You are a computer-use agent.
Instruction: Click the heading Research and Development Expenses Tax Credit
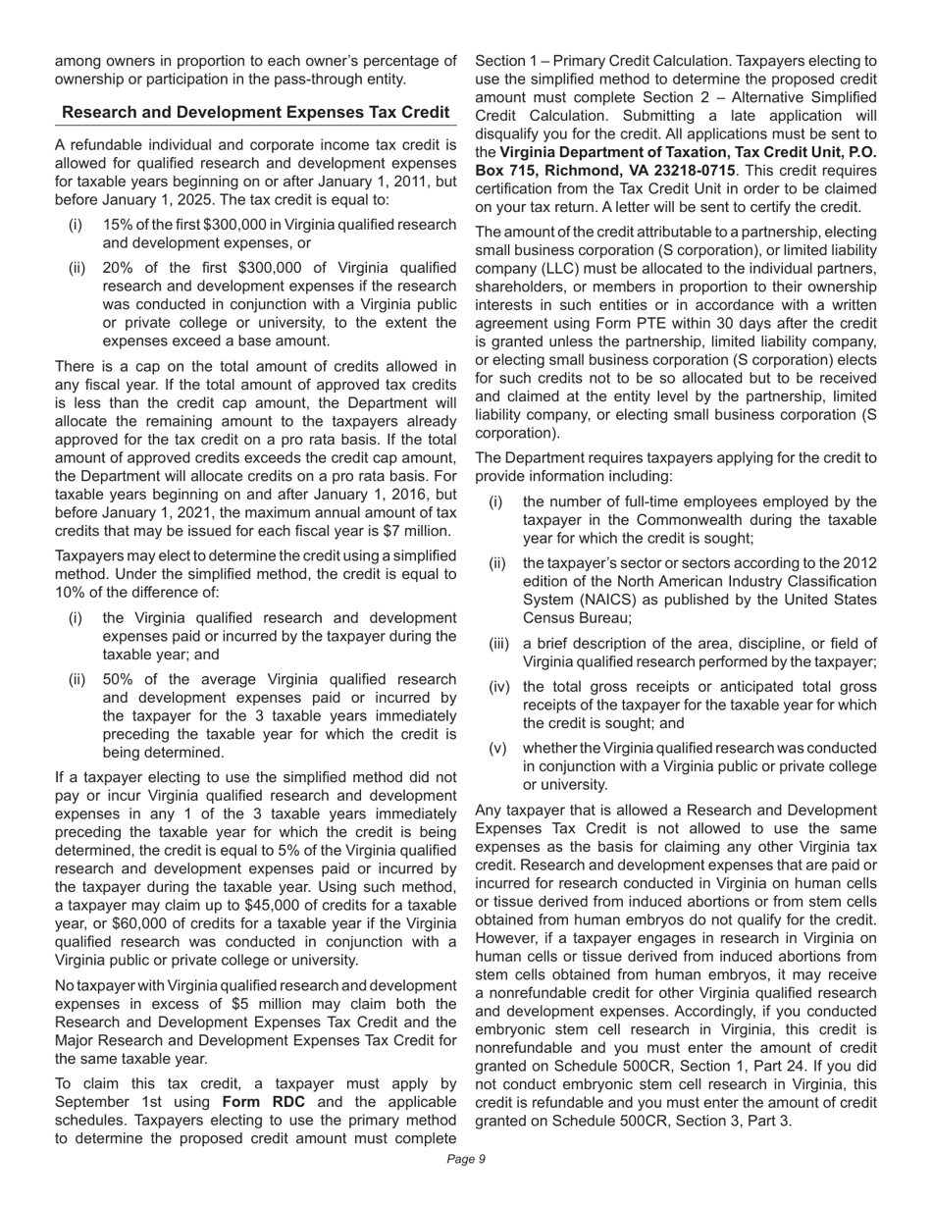point(255,113)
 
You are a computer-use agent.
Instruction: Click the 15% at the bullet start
point(118,225)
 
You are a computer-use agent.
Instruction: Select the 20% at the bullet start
point(120,268)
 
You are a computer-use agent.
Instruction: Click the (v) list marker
point(497,748)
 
